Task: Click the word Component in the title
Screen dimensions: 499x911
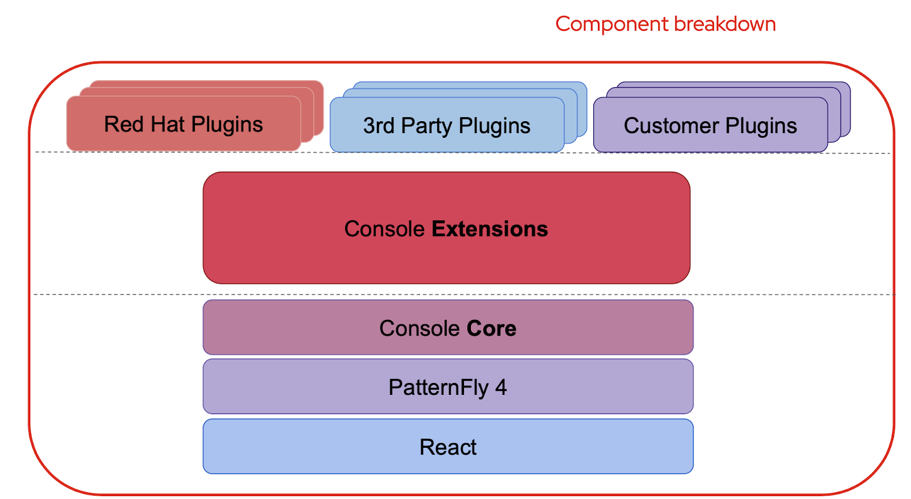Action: (612, 24)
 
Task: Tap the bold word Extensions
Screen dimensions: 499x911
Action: (490, 229)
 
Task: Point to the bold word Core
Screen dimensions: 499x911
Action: (491, 328)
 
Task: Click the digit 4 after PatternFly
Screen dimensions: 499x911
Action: (500, 387)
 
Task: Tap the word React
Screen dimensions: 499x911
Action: (448, 447)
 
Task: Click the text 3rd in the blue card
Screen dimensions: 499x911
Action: (379, 126)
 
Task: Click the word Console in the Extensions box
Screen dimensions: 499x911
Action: (384, 229)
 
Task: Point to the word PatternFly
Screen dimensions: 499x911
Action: (438, 387)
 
